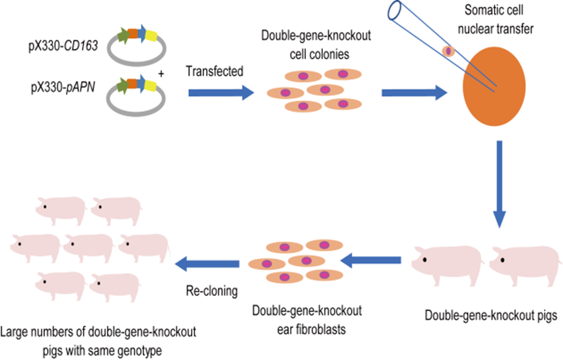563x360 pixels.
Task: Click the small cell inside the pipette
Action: coord(448,51)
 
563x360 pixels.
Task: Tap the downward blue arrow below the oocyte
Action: coord(500,183)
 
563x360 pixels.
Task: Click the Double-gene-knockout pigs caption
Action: coord(489,317)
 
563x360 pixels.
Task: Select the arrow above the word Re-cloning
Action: coord(209,263)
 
